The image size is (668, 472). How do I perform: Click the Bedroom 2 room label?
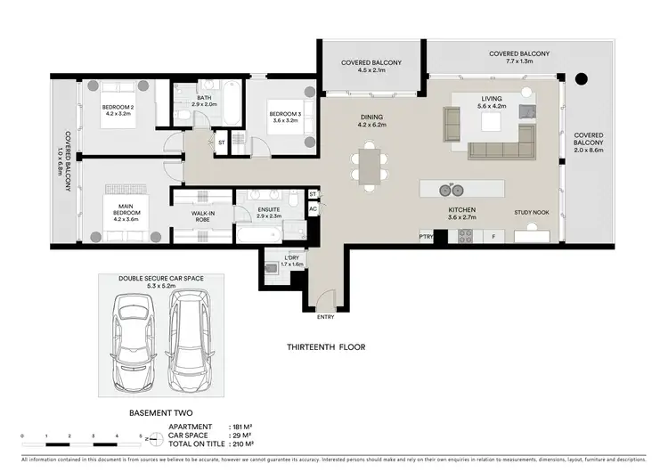coord(116,110)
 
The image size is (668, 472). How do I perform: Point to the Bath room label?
coord(205,99)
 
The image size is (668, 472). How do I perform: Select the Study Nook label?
coord(531,213)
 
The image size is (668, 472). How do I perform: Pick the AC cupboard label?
coord(313,210)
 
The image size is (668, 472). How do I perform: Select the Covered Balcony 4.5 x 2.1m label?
coord(371,67)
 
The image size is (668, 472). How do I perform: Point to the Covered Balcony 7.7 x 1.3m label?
coord(519,58)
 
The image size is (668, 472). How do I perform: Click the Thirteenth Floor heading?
coord(327,347)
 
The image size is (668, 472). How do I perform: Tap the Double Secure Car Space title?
coord(161,279)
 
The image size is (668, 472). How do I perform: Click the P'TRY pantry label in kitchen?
coord(426,237)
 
